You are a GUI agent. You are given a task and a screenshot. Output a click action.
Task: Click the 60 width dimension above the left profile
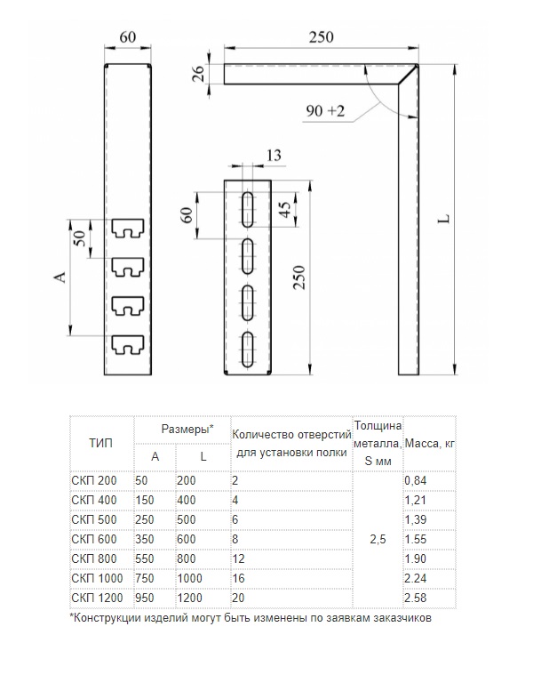[x=128, y=37]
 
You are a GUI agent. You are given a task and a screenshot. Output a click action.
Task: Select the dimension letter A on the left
[x=60, y=277]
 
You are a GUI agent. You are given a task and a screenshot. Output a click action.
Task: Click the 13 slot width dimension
[x=274, y=157]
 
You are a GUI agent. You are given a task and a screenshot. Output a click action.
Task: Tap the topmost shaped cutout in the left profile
[x=128, y=230]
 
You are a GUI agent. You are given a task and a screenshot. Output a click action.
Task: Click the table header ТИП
[x=100, y=442]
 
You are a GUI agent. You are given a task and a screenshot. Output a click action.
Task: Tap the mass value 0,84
[x=415, y=480]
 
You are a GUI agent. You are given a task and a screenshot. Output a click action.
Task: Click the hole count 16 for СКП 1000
[x=241, y=576]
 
